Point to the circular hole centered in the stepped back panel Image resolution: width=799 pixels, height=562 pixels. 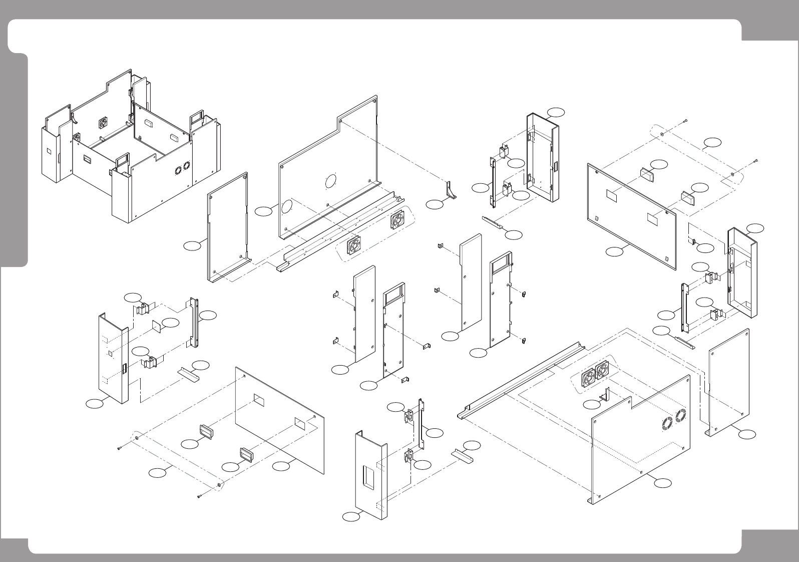tap(330, 181)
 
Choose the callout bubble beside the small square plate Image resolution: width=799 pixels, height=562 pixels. tap(170, 323)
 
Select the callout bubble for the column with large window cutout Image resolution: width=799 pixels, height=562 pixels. tap(351, 516)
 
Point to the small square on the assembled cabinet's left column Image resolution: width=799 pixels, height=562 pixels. tap(49, 150)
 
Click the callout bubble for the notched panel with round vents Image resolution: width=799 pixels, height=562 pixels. tap(662, 482)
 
